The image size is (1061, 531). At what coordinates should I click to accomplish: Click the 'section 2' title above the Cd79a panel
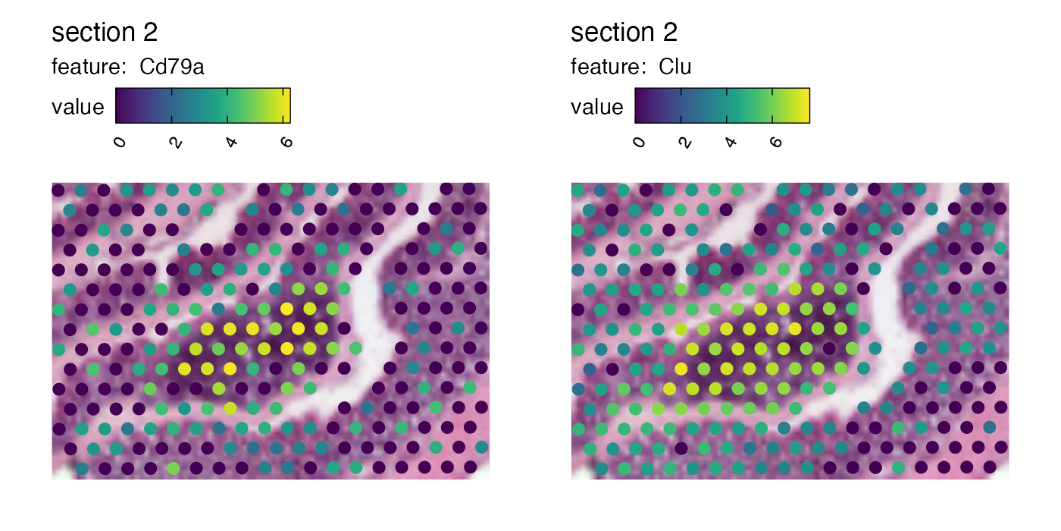coord(105,33)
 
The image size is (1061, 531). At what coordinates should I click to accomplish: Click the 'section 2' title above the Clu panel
coord(624,33)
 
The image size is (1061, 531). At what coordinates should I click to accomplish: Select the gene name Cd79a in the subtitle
coord(172,68)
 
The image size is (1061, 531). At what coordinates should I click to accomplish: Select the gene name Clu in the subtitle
coord(674,68)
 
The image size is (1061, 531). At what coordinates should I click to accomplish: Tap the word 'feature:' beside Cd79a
coord(88,68)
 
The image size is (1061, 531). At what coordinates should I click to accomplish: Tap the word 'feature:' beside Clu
coord(607,68)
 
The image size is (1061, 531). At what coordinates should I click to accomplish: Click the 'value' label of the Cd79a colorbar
coord(77,107)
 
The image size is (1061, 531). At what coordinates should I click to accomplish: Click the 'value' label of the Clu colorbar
coord(596,107)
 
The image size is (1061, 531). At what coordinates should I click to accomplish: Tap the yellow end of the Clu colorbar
coord(806,105)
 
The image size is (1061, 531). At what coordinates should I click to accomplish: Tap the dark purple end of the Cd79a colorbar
coord(120,105)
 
